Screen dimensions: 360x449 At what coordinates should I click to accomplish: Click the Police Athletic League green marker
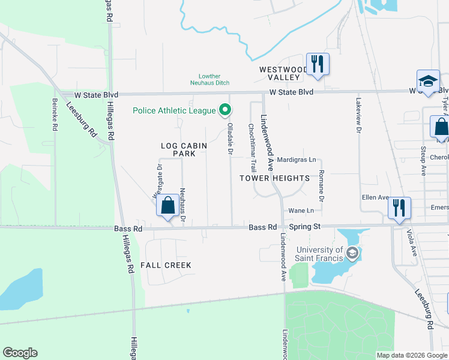point(225,110)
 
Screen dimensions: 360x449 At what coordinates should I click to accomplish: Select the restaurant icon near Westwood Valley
point(316,63)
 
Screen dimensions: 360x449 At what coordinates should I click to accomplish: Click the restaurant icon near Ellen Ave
point(399,208)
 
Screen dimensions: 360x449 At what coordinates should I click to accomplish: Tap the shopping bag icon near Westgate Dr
point(168,206)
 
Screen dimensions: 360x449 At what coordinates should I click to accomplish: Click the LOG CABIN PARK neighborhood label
point(184,149)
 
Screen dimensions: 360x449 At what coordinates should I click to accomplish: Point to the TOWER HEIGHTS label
point(274,178)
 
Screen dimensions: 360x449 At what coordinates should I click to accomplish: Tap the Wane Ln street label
point(301,211)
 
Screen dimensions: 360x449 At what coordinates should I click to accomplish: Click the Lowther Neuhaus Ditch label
point(214,80)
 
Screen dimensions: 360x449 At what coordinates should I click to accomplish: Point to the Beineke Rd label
point(55,115)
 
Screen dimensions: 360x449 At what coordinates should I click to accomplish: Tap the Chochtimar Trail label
point(252,148)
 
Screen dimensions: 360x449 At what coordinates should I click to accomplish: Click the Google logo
point(20,353)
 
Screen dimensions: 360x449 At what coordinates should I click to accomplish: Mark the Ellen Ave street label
point(375,197)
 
